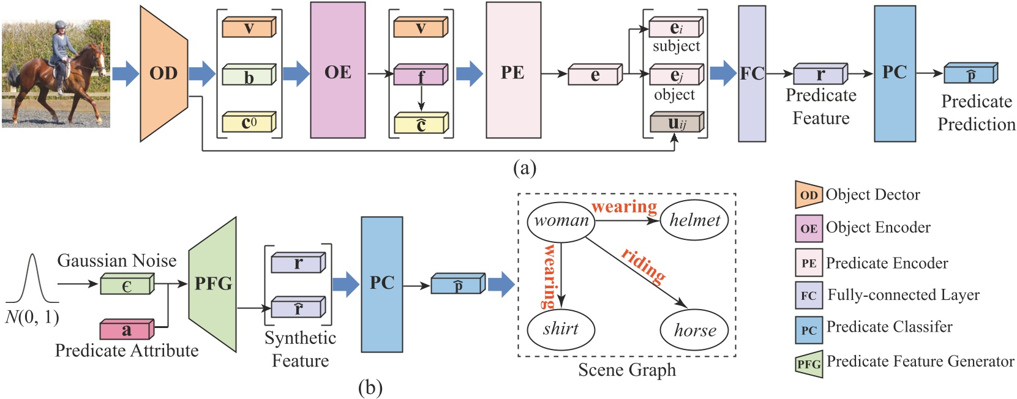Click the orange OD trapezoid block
pyautogui.click(x=163, y=73)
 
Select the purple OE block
pyautogui.click(x=337, y=70)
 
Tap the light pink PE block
pyautogui.click(x=513, y=70)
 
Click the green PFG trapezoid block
pyautogui.click(x=213, y=284)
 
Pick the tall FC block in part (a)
pyautogui.click(x=752, y=73)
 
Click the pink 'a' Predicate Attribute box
pyautogui.click(x=126, y=330)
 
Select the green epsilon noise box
pyautogui.click(x=127, y=285)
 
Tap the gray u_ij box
pyautogui.click(x=676, y=123)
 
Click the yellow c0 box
pyautogui.click(x=249, y=123)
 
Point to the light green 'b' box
pyautogui.click(x=249, y=76)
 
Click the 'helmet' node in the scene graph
pyautogui.click(x=694, y=220)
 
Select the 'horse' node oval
pyautogui.click(x=694, y=330)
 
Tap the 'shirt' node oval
pyautogui.click(x=560, y=329)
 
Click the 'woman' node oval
pyautogui.click(x=561, y=221)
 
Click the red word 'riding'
pyautogui.click(x=644, y=266)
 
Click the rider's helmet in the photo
pyautogui.click(x=60, y=26)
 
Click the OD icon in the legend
pyautogui.click(x=808, y=195)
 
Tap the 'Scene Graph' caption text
pyautogui.click(x=627, y=370)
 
